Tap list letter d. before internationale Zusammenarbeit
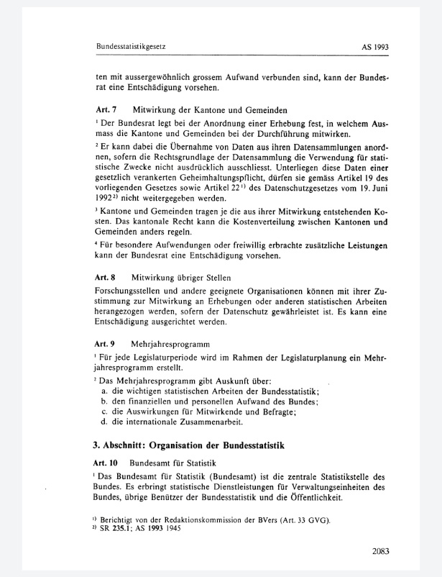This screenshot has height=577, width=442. (105, 422)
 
